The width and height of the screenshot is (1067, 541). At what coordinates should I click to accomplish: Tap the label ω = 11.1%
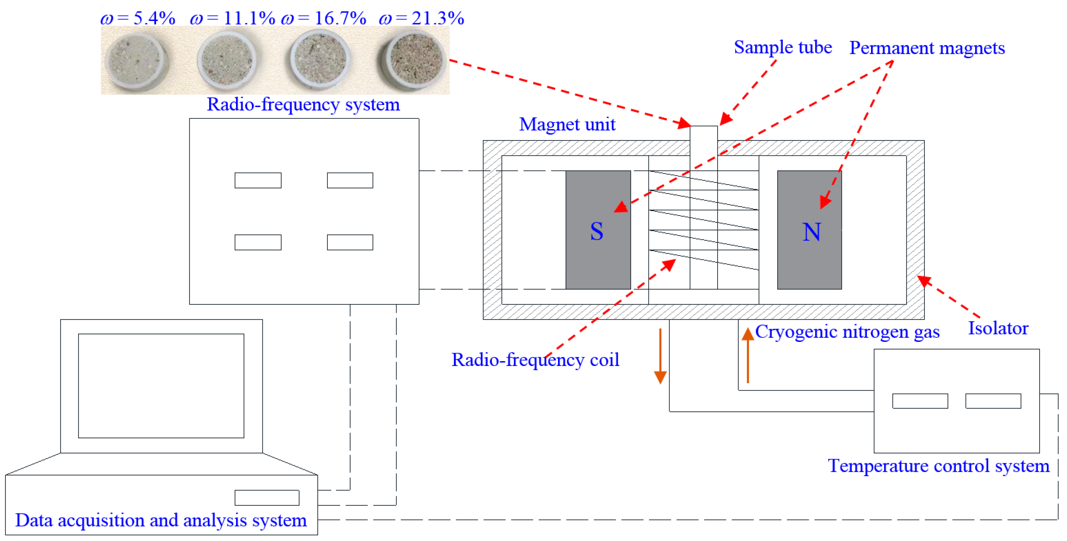point(232,18)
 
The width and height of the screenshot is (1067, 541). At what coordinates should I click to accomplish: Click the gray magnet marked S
point(598,230)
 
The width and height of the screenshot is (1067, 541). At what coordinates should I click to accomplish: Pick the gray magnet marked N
point(809,230)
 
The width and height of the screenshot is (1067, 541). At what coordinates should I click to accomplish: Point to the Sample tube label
point(783,47)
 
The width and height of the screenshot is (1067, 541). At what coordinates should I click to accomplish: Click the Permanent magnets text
point(927,48)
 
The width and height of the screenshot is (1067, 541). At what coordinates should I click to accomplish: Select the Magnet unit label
point(567,124)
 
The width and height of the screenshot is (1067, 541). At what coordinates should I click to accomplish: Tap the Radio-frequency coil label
point(535,360)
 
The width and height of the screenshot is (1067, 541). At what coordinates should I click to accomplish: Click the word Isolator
point(998,328)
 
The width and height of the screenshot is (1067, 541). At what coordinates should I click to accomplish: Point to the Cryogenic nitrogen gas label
point(847,332)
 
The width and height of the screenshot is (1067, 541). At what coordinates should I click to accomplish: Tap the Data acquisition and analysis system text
point(161,520)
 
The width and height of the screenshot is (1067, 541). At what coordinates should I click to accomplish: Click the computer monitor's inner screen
point(161,386)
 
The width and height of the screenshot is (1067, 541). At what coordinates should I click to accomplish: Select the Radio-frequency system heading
point(303,104)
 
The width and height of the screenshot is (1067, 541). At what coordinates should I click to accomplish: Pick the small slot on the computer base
point(267,497)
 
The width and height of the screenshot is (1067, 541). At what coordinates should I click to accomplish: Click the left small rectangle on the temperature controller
point(920,401)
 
